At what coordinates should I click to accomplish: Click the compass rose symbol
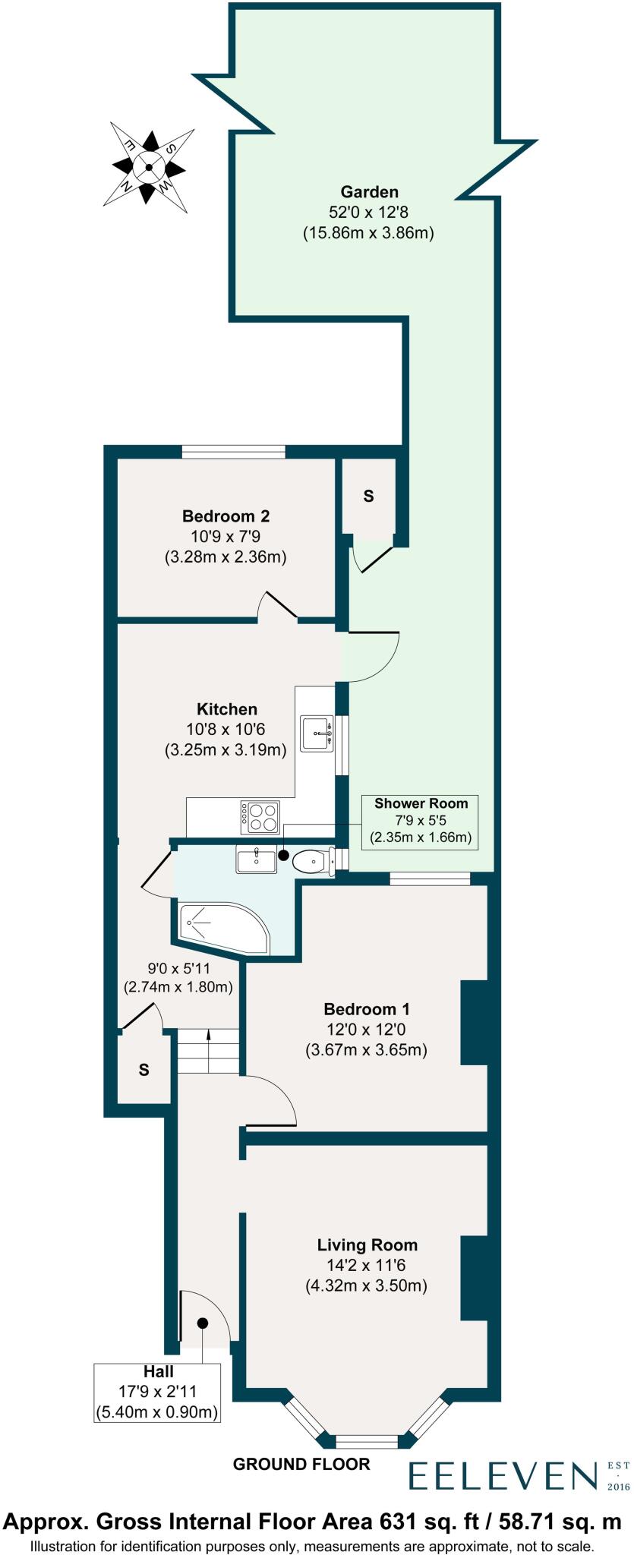pyautogui.click(x=150, y=168)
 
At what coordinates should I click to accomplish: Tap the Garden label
pyautogui.click(x=369, y=192)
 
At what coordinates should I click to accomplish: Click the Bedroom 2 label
pyautogui.click(x=226, y=516)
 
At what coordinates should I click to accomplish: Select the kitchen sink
pyautogui.click(x=317, y=733)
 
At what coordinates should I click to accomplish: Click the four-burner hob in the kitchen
pyautogui.click(x=260, y=817)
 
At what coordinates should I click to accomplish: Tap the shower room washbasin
pyautogui.click(x=256, y=861)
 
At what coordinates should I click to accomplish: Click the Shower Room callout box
pyautogui.click(x=421, y=821)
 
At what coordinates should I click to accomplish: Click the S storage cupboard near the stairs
pyautogui.click(x=144, y=1070)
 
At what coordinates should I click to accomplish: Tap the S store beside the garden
pyautogui.click(x=369, y=497)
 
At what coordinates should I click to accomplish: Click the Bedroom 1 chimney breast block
pyautogui.click(x=475, y=1022)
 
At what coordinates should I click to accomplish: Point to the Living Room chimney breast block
pyautogui.click(x=475, y=1279)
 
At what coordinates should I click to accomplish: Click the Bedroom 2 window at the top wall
pyautogui.click(x=233, y=452)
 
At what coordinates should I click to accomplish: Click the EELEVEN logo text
pyautogui.click(x=503, y=1475)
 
